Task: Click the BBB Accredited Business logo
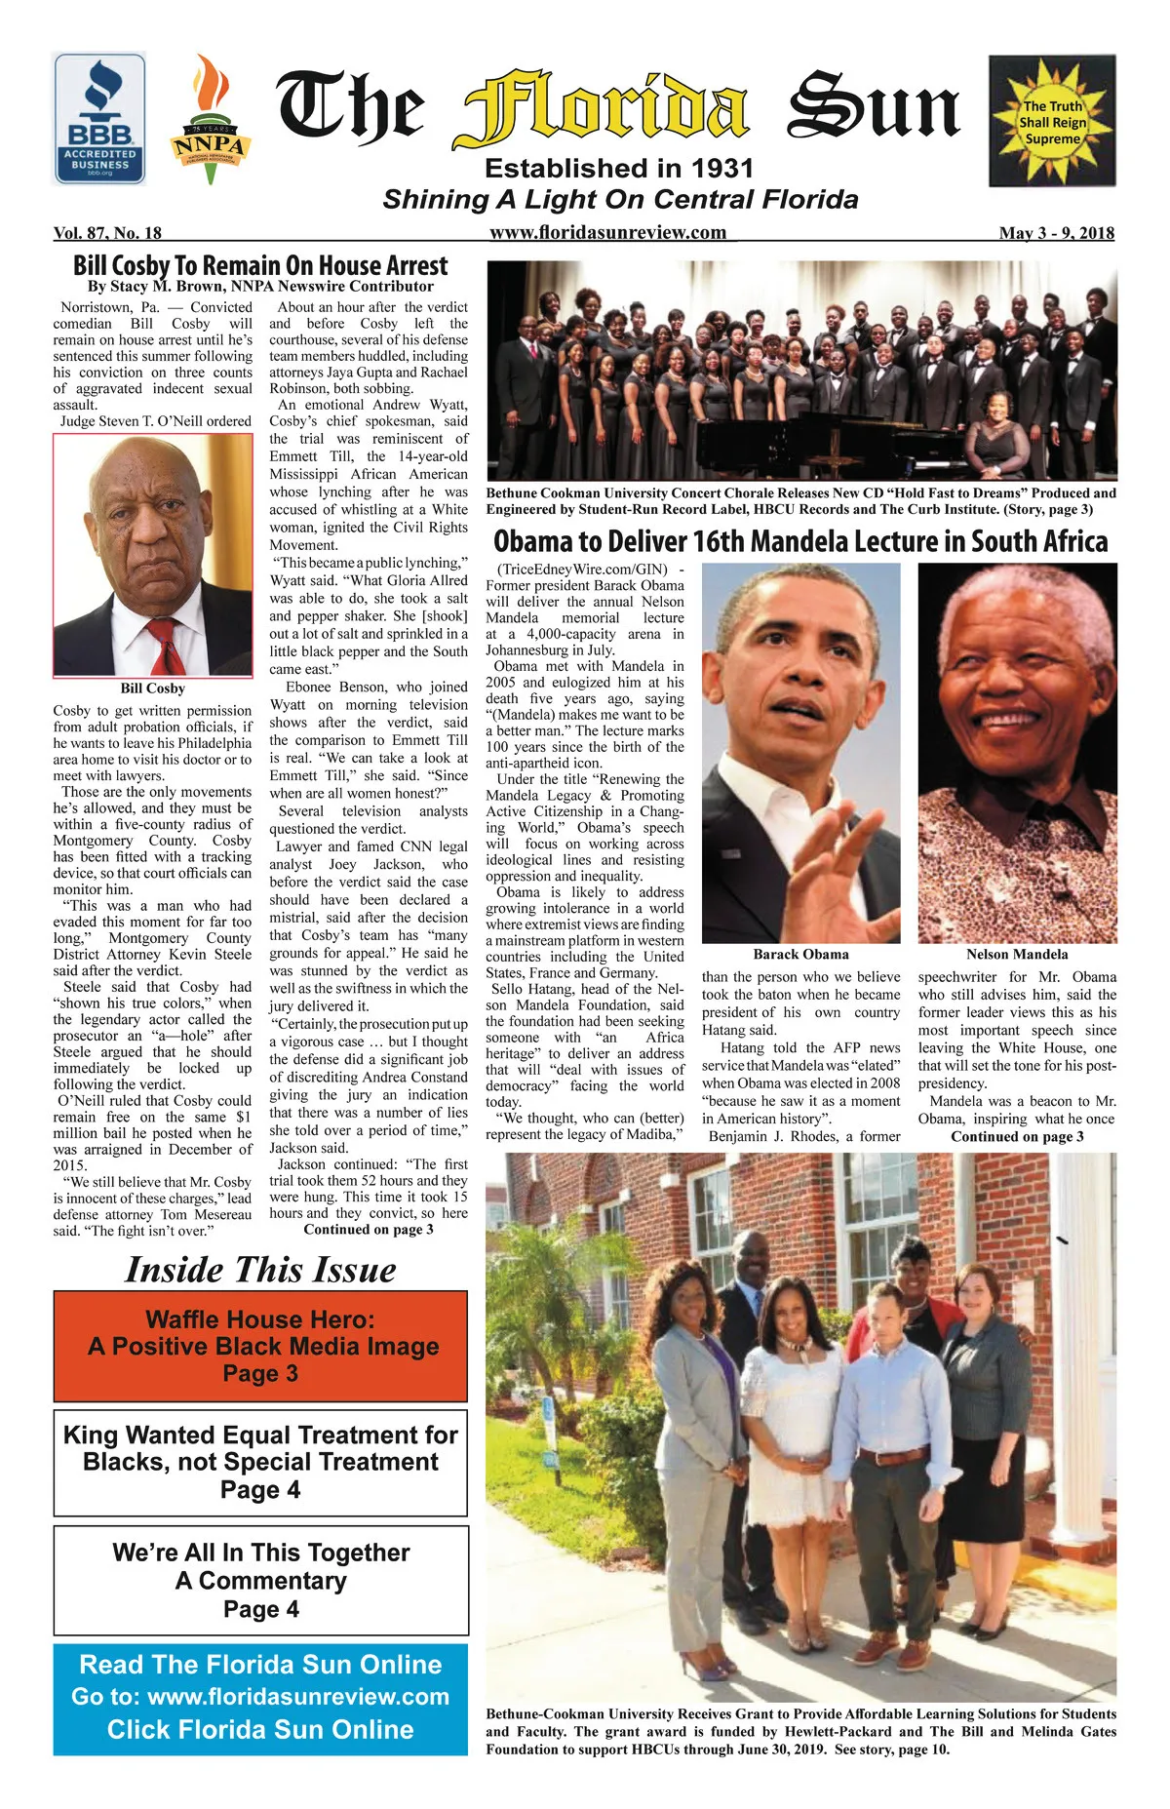point(99,119)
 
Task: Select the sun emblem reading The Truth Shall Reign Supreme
point(1052,121)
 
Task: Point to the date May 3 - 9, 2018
point(1056,233)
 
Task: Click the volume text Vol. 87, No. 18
point(107,233)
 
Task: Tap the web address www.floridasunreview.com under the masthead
point(607,232)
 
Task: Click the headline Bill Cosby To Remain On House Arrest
point(260,265)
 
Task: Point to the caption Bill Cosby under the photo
point(152,688)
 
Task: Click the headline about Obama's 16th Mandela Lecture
point(800,541)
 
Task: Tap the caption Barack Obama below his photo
point(800,955)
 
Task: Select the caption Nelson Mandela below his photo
point(1017,955)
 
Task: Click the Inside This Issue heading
point(260,1270)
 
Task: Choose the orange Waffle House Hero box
point(260,1347)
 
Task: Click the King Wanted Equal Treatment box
point(260,1462)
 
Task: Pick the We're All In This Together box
point(260,1580)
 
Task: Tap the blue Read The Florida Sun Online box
point(260,1698)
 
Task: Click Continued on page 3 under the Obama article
point(1017,1137)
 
